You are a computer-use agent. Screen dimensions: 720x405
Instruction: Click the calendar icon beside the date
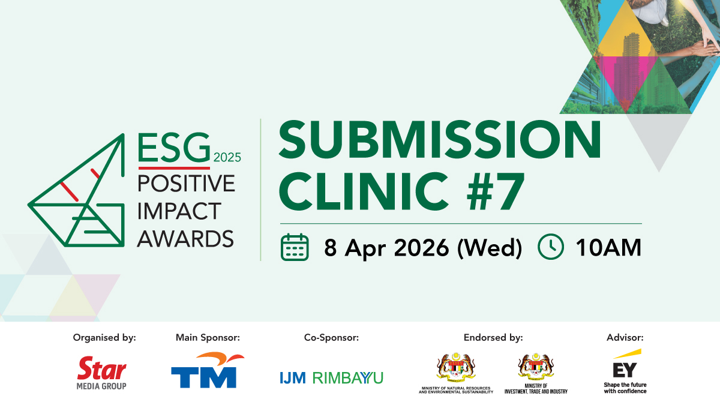[x=295, y=247]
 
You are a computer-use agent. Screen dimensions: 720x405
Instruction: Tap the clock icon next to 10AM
[x=551, y=247]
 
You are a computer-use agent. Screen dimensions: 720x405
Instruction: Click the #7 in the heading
[x=496, y=191]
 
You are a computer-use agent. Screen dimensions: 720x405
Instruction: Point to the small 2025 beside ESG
[x=227, y=157]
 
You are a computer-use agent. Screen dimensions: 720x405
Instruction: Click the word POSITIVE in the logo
[x=186, y=183]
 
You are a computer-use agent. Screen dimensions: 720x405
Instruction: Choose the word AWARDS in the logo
[x=185, y=239]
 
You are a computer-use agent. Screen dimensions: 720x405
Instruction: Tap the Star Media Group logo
[x=101, y=373]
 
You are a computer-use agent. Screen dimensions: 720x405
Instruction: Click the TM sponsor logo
[x=208, y=370]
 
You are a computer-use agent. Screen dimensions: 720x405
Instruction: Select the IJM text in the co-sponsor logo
[x=293, y=378]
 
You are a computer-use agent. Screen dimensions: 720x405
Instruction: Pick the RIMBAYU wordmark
[x=348, y=378]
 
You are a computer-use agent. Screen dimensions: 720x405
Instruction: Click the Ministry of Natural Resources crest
[x=456, y=367]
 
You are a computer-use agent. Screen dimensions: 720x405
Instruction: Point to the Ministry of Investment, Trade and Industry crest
[x=536, y=366]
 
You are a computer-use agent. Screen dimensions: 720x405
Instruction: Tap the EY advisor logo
[x=625, y=371]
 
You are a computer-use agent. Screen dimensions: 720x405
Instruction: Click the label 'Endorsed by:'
[x=493, y=337]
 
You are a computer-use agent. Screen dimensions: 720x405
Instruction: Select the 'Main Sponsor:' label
[x=208, y=337]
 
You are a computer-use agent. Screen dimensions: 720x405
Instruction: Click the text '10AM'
[x=608, y=247]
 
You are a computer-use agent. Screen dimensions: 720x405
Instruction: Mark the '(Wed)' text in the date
[x=489, y=248]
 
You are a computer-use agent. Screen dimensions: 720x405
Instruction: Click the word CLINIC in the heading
[x=364, y=191]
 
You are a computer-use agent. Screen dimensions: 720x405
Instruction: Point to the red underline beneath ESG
[x=174, y=168]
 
